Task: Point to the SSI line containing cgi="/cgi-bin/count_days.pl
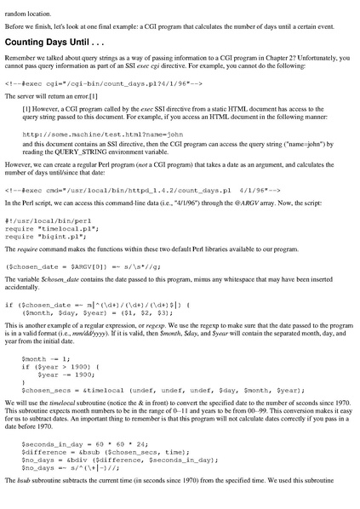(x=103, y=84)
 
